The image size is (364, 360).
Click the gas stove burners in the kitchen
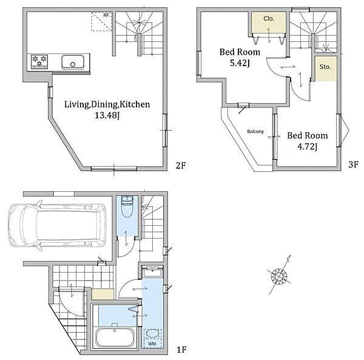click(39, 61)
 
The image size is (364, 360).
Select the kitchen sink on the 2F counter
click(73, 62)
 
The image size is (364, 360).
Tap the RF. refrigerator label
click(107, 15)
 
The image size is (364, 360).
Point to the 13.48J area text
click(107, 115)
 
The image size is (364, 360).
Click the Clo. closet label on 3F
click(269, 19)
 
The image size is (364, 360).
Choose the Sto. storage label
click(325, 67)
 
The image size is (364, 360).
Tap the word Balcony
click(255, 132)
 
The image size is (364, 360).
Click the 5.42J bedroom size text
click(240, 63)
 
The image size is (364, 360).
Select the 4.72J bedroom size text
click(308, 146)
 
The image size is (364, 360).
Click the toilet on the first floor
click(127, 206)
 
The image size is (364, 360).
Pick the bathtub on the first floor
click(115, 338)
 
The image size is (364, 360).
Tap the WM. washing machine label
click(152, 344)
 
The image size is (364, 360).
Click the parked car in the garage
click(57, 225)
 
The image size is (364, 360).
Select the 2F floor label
click(181, 166)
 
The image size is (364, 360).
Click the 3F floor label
click(354, 165)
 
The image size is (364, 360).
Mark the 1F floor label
click(182, 350)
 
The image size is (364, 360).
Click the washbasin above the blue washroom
click(152, 271)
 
